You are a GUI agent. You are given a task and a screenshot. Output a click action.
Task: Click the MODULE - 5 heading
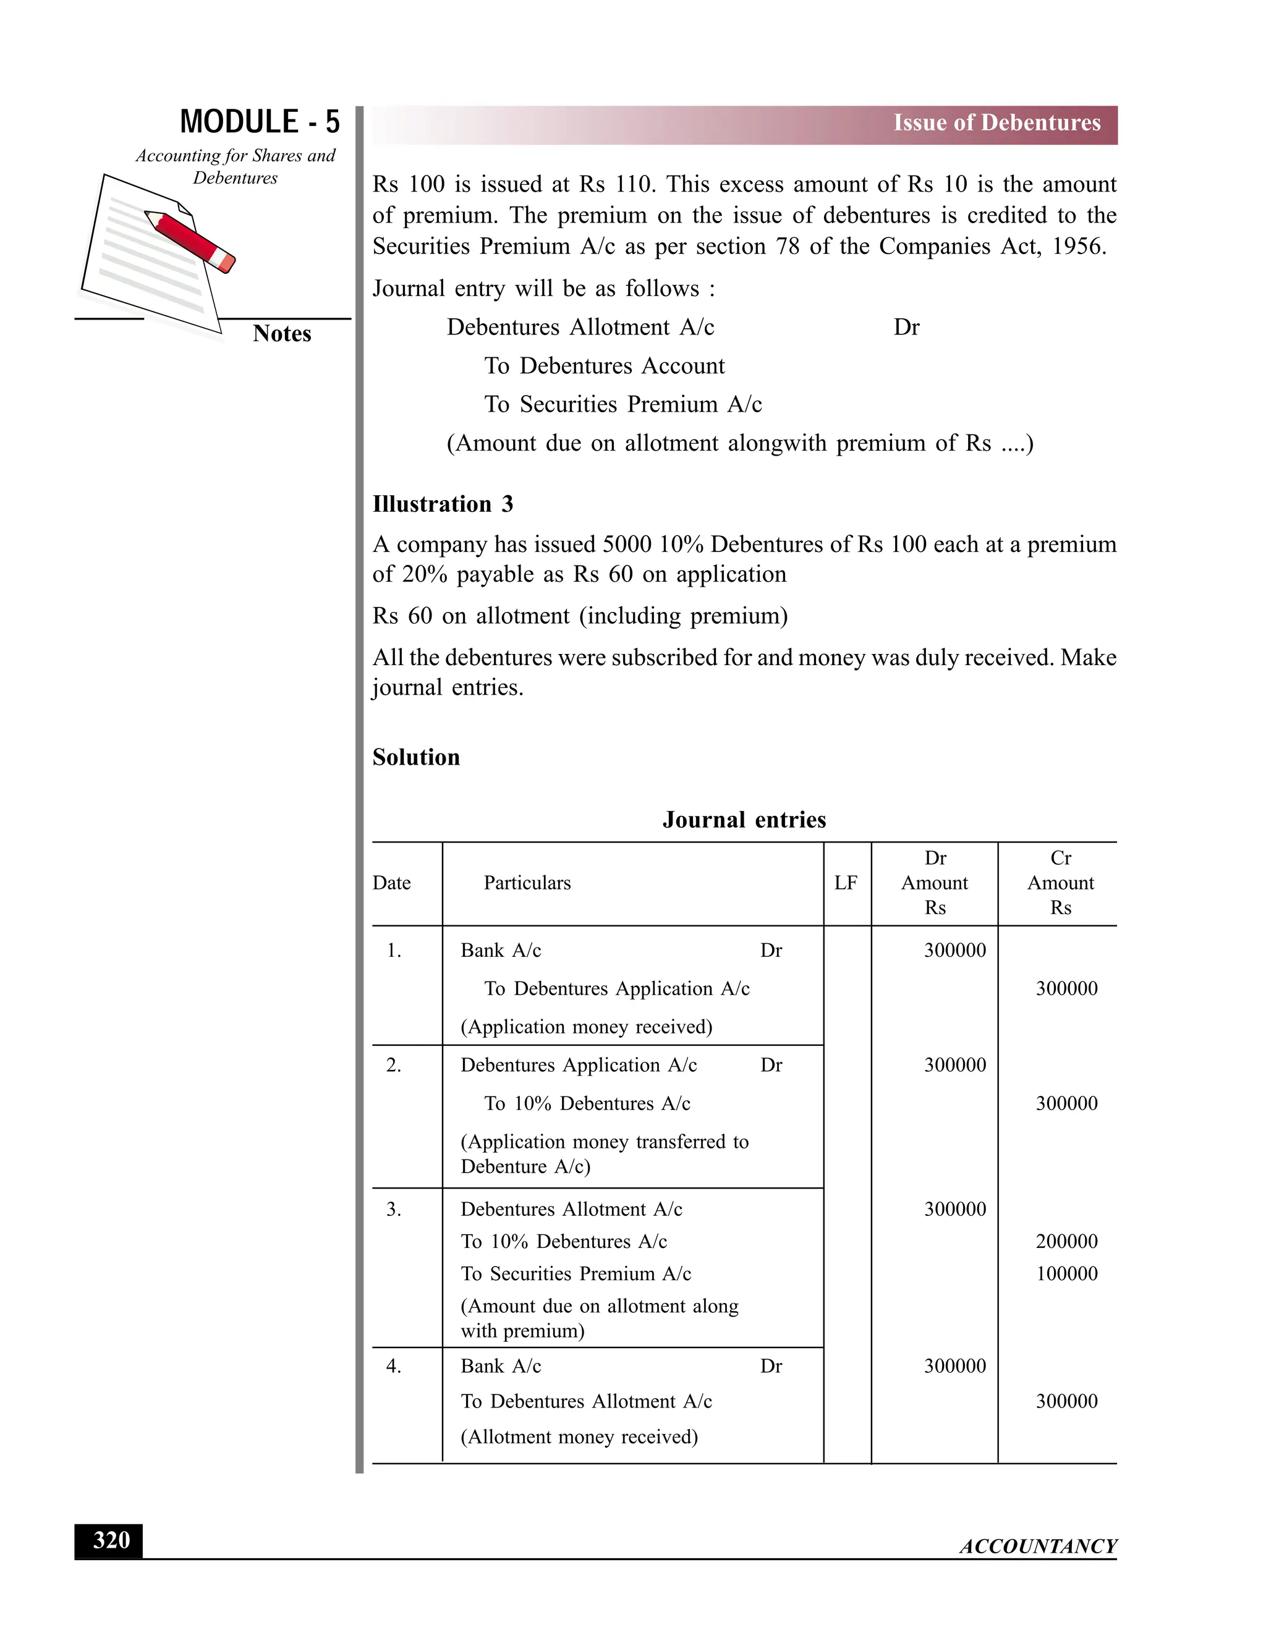coord(260,122)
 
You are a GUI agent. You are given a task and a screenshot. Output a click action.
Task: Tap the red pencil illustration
coord(190,240)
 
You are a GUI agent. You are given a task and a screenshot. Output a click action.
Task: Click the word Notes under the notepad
coord(281,334)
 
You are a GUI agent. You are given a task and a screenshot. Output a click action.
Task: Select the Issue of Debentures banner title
coord(996,123)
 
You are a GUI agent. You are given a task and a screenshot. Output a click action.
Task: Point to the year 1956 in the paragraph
coord(1077,247)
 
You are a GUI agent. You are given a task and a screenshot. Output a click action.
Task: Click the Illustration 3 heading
coord(443,504)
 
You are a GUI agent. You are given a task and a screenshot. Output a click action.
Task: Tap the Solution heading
coord(416,758)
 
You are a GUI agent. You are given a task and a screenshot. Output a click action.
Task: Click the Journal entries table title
coord(744,820)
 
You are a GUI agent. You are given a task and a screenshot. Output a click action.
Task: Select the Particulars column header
coord(527,883)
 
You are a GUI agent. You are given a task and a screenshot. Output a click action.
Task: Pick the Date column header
coord(391,883)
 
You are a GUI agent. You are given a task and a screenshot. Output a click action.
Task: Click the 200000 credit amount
coord(1066,1241)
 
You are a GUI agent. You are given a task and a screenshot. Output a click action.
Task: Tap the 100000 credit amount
coord(1066,1273)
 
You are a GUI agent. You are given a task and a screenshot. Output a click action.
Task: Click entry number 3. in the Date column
coord(393,1209)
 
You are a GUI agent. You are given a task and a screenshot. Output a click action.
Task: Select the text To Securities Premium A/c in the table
coord(576,1273)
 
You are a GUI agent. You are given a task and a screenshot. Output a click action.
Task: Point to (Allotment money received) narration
coord(579,1436)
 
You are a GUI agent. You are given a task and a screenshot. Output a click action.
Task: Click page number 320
coord(111,1540)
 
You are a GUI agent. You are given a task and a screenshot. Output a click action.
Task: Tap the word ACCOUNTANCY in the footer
coord(1038,1547)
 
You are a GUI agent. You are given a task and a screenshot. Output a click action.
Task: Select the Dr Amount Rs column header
coord(935,883)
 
